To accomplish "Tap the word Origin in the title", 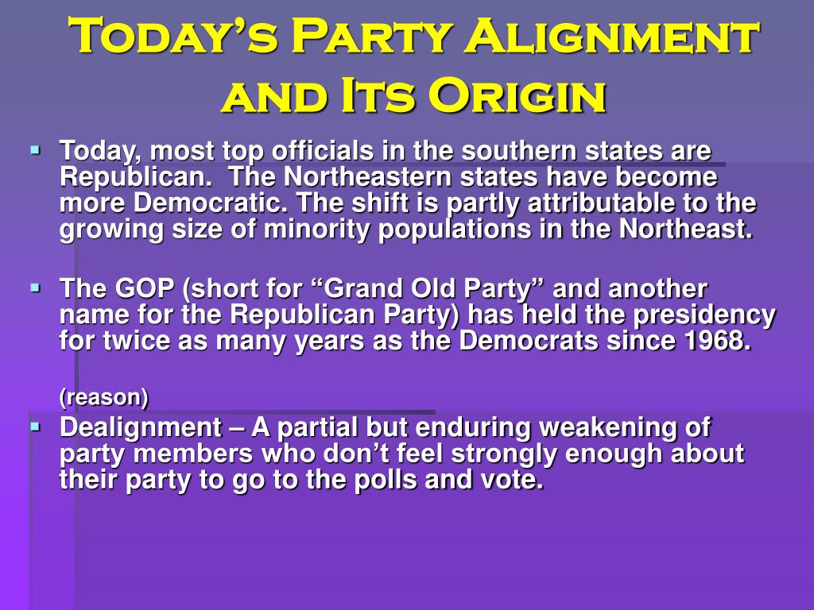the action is pyautogui.click(x=517, y=95).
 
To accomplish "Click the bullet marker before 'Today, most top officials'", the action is pyautogui.click(x=35, y=150).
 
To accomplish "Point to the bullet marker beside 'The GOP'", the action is pyautogui.click(x=35, y=288).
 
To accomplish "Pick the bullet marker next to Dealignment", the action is pyautogui.click(x=35, y=427).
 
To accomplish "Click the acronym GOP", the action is pyautogui.click(x=145, y=288).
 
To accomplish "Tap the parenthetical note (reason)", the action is pyautogui.click(x=104, y=397).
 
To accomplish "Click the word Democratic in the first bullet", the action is pyautogui.click(x=210, y=203).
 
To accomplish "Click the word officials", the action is pyautogui.click(x=323, y=151).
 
